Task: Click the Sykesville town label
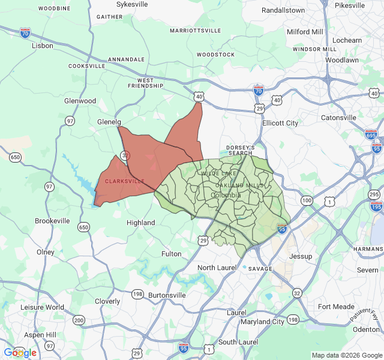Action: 132,4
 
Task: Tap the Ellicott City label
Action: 280,123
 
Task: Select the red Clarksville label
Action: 125,181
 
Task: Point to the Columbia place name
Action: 226,195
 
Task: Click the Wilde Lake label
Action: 219,173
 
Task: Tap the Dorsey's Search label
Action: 241,150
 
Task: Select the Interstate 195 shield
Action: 377,207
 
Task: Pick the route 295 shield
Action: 374,195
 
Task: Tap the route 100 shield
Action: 307,200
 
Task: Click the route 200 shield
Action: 79,320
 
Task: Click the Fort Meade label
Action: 336,307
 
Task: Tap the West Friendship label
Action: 150,83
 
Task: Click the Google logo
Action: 20,353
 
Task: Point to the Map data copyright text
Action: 346,355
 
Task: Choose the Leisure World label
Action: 42,307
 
